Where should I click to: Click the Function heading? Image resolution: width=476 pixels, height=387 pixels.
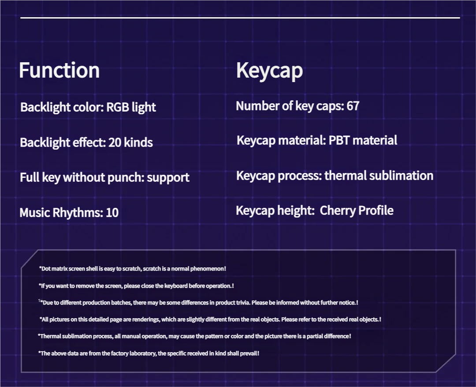(x=59, y=71)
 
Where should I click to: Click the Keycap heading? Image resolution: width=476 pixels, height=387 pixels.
(x=269, y=71)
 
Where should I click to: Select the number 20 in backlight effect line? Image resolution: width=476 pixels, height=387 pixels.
(x=115, y=143)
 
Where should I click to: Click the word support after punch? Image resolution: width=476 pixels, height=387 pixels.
(x=168, y=177)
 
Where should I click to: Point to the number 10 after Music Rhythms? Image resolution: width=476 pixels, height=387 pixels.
(x=112, y=213)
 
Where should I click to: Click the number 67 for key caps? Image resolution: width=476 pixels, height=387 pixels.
(x=353, y=106)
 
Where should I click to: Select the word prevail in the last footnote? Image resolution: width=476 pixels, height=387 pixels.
(x=249, y=353)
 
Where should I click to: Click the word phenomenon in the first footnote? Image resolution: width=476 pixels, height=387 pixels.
(x=210, y=268)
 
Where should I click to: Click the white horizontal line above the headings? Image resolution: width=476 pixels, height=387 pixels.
(x=240, y=18)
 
